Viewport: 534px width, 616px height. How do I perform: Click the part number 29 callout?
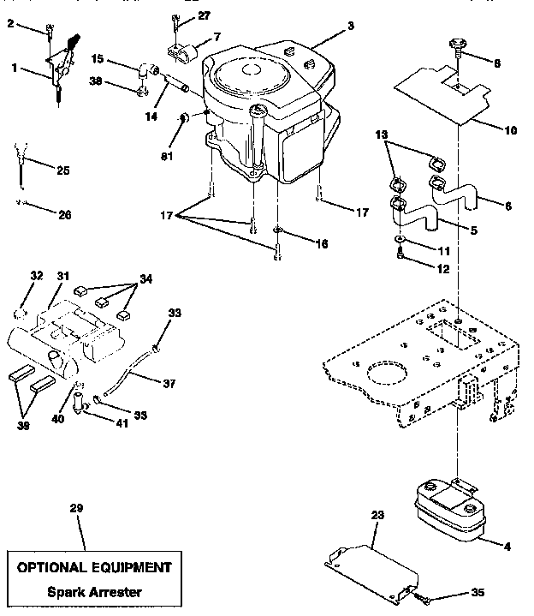pyautogui.click(x=76, y=509)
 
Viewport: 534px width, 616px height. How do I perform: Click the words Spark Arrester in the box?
pyautogui.click(x=95, y=592)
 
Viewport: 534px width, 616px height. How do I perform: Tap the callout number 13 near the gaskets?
pyautogui.click(x=380, y=135)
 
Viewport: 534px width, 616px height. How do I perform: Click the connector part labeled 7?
pyautogui.click(x=184, y=52)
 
